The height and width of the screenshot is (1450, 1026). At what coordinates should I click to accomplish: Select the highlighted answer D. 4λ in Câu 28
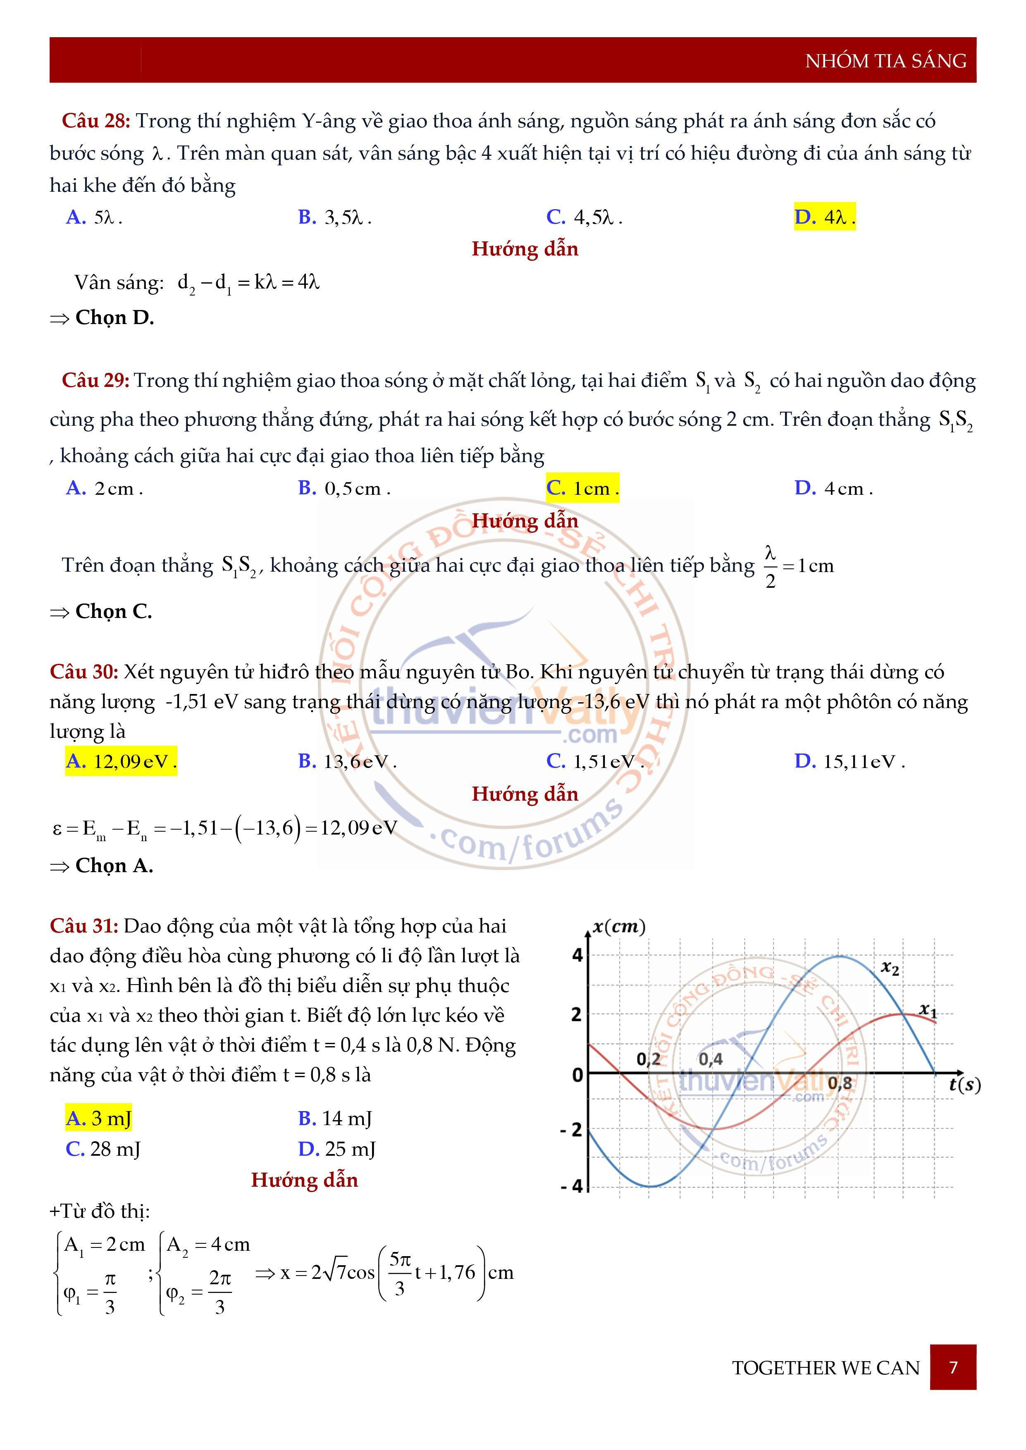[x=824, y=217]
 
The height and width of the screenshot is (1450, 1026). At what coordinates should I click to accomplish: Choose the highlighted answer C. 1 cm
[x=582, y=488]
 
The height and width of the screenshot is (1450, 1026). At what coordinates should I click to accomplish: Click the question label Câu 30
[x=84, y=671]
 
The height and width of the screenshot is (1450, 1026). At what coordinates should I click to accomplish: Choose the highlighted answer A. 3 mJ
[x=98, y=1119]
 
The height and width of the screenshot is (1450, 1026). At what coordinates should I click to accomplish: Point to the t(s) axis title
[x=965, y=1085]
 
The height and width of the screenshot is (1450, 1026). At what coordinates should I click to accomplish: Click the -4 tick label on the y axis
[x=571, y=1186]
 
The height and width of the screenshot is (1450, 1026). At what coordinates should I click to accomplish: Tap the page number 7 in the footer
[x=953, y=1367]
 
